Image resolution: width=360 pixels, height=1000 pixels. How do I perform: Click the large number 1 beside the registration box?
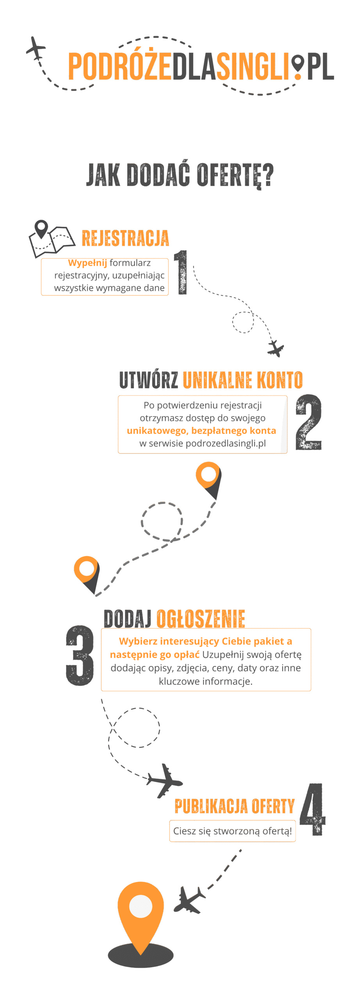tap(181, 272)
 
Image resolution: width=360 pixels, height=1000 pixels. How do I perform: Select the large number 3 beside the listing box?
tap(80, 655)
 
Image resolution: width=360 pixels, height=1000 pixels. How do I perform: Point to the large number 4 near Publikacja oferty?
tap(313, 809)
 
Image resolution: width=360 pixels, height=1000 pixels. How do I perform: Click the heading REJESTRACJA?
tap(125, 238)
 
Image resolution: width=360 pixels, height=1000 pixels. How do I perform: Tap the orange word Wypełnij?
tap(87, 263)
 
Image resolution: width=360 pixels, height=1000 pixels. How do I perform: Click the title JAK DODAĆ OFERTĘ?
tap(180, 175)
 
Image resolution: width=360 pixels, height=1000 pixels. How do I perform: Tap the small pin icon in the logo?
tap(298, 66)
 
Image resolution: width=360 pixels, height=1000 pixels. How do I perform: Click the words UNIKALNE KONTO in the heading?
tap(242, 380)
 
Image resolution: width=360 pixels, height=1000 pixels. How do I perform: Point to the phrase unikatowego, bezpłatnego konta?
tap(201, 430)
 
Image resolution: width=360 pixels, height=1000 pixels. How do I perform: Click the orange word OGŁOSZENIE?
tap(201, 619)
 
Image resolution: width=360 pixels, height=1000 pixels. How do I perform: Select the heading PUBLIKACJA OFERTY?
tap(234, 806)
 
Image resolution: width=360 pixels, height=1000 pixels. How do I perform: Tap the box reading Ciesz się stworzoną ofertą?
tap(232, 831)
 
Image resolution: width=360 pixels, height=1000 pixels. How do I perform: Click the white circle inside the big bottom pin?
tap(141, 905)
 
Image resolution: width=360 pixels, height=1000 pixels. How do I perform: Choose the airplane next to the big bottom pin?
tap(189, 899)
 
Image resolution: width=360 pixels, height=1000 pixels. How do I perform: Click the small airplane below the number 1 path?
tap(276, 348)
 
